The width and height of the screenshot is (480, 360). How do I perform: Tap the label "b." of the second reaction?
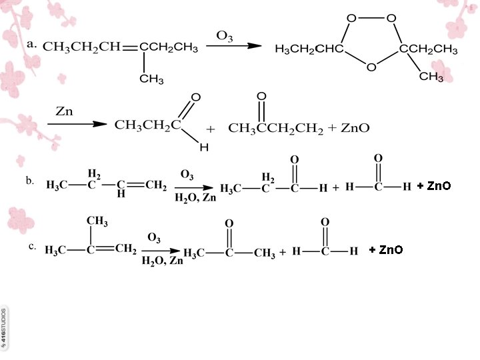pyautogui.click(x=30, y=180)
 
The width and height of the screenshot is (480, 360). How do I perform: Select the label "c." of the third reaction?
pyautogui.click(x=32, y=246)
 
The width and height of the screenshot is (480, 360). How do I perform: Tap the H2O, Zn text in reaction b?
pyautogui.click(x=195, y=197)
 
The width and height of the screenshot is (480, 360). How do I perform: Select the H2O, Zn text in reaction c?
pyautogui.click(x=162, y=261)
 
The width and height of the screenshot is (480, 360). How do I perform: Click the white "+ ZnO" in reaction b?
pyautogui.click(x=434, y=186)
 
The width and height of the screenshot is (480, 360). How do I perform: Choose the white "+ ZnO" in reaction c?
pyautogui.click(x=386, y=250)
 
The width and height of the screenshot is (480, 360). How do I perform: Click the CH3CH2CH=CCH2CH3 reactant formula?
pyautogui.click(x=120, y=48)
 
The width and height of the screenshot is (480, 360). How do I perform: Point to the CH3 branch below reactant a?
pyautogui.click(x=151, y=79)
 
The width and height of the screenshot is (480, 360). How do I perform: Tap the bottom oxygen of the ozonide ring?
pyautogui.click(x=371, y=67)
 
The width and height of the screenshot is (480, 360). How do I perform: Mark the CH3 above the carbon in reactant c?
pyautogui.click(x=97, y=221)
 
